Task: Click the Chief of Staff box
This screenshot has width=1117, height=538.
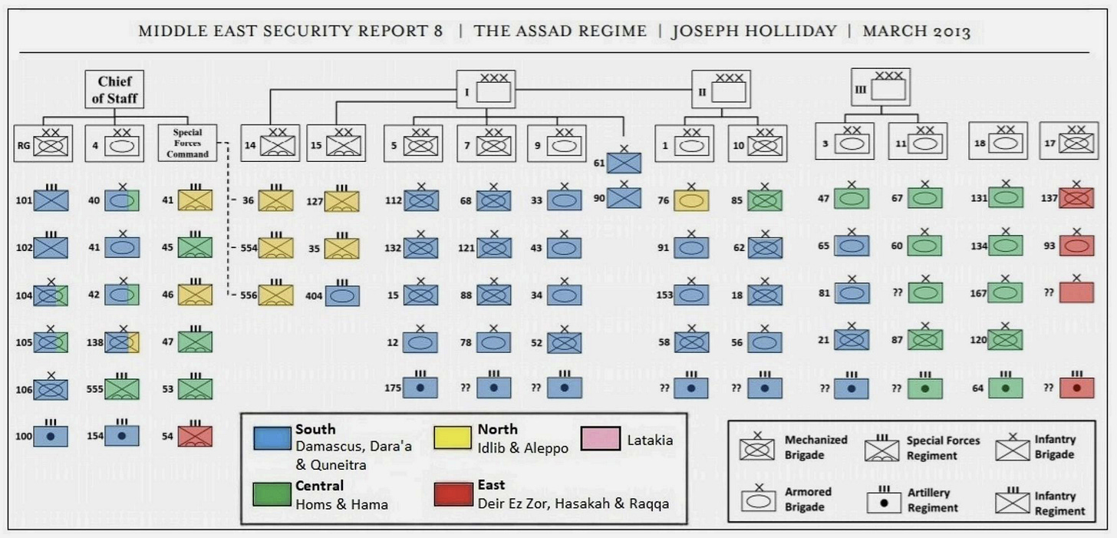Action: (115, 88)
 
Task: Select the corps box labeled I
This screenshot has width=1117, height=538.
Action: (486, 89)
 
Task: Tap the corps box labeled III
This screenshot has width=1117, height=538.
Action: (880, 87)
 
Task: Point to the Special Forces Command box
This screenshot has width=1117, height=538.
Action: (187, 143)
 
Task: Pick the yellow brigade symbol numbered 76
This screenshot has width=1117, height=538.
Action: (691, 201)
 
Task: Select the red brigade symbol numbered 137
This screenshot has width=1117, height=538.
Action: (1078, 198)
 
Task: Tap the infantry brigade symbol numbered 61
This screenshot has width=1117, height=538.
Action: (624, 162)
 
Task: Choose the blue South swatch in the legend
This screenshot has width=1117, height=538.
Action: (272, 437)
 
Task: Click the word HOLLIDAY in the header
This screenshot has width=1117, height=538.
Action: (796, 31)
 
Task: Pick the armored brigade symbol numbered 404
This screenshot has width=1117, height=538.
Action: (342, 295)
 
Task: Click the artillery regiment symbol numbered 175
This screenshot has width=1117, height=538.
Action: (421, 388)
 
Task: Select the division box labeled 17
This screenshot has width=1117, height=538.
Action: (1069, 143)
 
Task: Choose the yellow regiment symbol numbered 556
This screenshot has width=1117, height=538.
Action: (276, 295)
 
